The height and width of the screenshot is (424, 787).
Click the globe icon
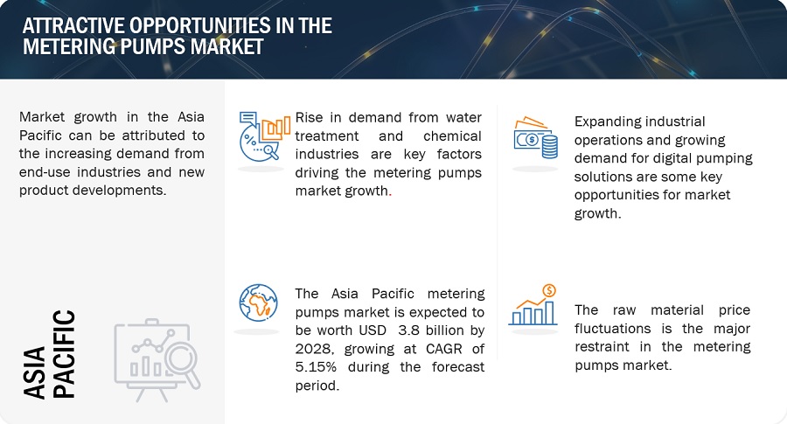click(x=259, y=302)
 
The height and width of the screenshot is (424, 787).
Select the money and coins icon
click(x=535, y=138)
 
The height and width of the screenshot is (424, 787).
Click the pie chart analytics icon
click(x=264, y=136)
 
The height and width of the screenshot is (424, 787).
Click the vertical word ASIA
click(x=34, y=372)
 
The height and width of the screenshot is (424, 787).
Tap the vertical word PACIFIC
click(x=64, y=354)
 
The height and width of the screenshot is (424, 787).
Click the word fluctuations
click(x=612, y=329)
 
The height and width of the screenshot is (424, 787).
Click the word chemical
click(x=452, y=136)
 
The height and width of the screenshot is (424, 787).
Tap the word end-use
click(x=45, y=172)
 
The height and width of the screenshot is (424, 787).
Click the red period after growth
click(x=390, y=195)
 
